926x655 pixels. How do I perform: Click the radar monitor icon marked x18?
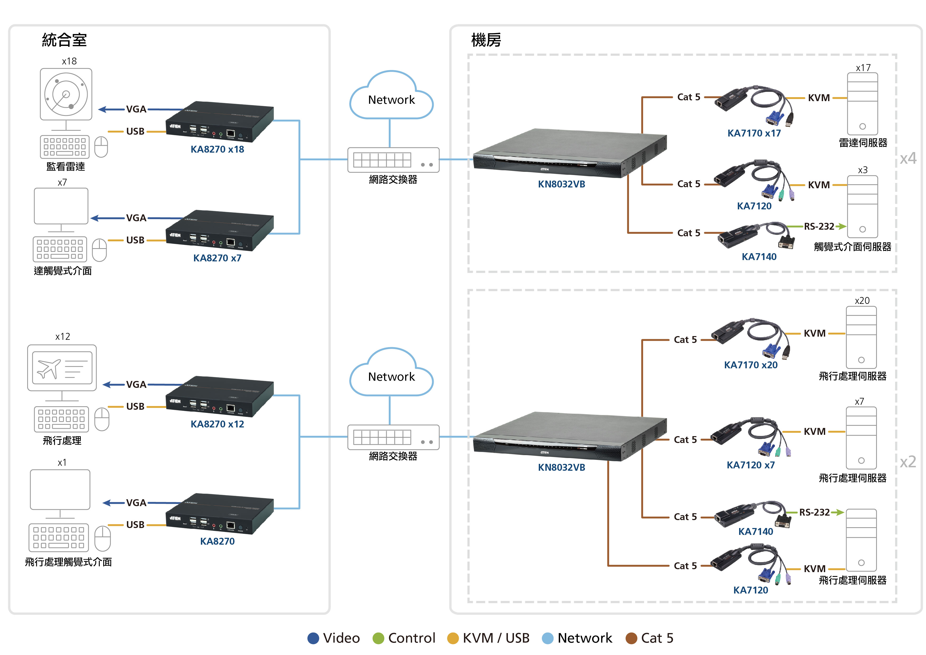[66, 94]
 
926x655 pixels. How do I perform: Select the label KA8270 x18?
[218, 149]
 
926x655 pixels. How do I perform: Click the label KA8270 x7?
[218, 258]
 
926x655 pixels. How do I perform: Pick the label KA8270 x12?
[218, 424]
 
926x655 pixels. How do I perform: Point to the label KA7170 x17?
[754, 133]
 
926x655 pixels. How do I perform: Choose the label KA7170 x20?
[750, 365]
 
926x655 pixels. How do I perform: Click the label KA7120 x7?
[750, 465]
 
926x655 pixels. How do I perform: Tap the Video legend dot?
[313, 638]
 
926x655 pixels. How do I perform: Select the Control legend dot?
[378, 638]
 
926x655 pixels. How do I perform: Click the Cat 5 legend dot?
[631, 638]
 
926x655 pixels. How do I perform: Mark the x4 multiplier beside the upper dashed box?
[908, 158]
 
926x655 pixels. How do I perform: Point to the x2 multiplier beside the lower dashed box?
[908, 462]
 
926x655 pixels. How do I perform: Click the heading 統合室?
[64, 40]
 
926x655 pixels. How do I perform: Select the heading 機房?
[486, 40]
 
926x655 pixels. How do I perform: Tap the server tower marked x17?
[862, 104]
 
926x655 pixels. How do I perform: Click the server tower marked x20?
[861, 337]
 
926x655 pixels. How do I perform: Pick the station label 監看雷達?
[66, 167]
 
